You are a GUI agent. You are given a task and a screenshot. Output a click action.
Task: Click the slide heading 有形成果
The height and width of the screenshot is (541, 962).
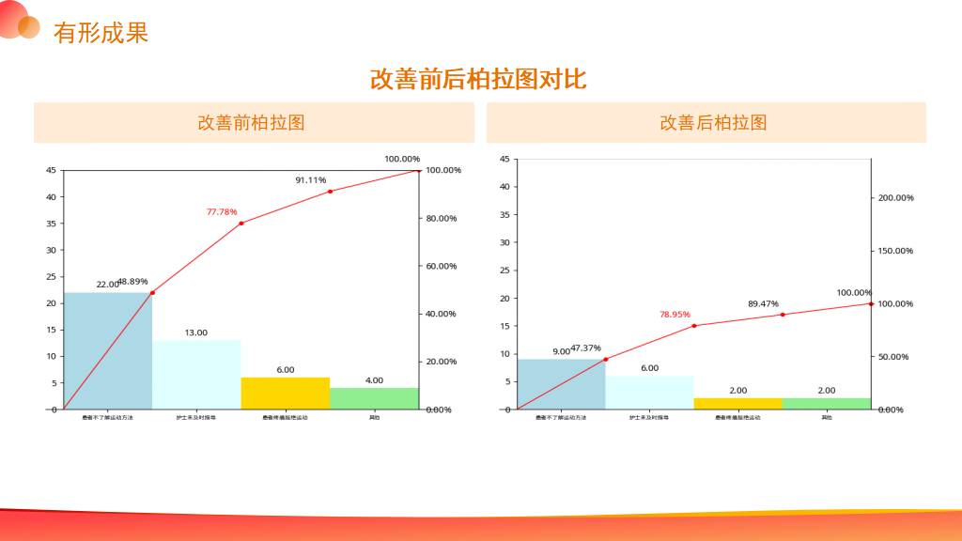tap(101, 33)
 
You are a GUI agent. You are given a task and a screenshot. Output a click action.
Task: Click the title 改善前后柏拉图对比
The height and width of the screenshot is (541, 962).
tap(478, 79)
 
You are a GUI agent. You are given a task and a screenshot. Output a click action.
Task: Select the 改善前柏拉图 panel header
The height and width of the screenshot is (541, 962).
tap(251, 123)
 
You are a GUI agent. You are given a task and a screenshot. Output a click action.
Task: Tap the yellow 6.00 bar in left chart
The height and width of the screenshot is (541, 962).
tap(286, 393)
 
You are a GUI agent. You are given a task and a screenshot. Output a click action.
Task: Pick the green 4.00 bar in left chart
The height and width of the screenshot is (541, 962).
tap(374, 398)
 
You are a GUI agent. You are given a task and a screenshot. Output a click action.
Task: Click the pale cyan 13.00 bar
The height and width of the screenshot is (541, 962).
tap(196, 374)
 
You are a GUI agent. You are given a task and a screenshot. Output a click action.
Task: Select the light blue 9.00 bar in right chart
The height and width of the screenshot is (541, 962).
tap(561, 383)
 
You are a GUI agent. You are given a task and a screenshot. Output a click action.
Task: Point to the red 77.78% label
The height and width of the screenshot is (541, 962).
tap(222, 212)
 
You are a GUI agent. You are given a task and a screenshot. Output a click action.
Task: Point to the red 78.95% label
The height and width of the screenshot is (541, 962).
tap(675, 315)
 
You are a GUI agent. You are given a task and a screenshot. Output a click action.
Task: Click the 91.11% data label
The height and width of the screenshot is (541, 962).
tap(310, 180)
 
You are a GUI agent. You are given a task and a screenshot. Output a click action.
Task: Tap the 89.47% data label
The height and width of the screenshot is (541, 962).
tap(763, 304)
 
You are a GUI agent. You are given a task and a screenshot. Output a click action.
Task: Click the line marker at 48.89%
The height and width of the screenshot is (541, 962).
tap(152, 293)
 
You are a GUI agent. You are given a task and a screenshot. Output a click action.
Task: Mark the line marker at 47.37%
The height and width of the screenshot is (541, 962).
tap(605, 359)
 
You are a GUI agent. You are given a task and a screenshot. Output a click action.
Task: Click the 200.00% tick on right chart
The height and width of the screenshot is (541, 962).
tap(895, 198)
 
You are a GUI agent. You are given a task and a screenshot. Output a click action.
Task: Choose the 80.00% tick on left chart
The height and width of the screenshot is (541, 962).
tap(442, 219)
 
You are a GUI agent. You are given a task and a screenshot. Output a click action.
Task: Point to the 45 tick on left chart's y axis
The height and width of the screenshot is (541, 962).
tap(51, 170)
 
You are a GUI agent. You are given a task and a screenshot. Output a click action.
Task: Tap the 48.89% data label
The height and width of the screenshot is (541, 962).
tap(133, 282)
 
